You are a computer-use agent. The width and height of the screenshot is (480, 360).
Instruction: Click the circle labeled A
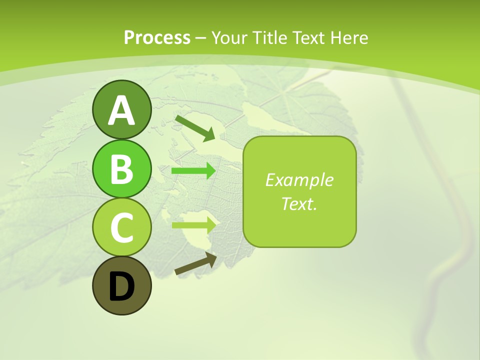pyautogui.click(x=121, y=109)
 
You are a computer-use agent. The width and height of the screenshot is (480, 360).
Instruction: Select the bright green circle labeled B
pyautogui.click(x=121, y=168)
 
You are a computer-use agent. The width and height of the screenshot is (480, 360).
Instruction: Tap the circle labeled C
pyautogui.click(x=121, y=227)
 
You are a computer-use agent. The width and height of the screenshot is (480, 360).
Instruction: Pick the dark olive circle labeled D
pyautogui.click(x=121, y=286)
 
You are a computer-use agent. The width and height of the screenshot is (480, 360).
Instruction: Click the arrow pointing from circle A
pyautogui.click(x=195, y=127)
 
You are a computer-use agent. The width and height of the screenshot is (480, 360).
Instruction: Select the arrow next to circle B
pyautogui.click(x=193, y=171)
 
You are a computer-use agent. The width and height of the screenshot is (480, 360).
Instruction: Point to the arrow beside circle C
pyautogui.click(x=193, y=224)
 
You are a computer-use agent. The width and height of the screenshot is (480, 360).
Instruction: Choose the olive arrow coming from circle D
pyautogui.click(x=195, y=264)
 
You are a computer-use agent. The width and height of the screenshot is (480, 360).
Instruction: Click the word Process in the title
pyautogui.click(x=157, y=37)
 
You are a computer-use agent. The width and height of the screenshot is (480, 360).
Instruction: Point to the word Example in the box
pyautogui.click(x=299, y=180)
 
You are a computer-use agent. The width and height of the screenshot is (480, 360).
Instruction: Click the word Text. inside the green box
pyautogui.click(x=299, y=203)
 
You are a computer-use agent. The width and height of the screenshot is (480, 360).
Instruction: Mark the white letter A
pyautogui.click(x=121, y=110)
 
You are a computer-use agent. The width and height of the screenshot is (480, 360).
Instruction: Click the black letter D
pyautogui.click(x=121, y=287)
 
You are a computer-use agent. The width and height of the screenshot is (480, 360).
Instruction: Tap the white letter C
pyautogui.click(x=121, y=228)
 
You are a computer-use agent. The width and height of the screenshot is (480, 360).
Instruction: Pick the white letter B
pyautogui.click(x=121, y=169)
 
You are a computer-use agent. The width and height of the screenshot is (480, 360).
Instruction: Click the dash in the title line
pyautogui.click(x=201, y=38)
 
